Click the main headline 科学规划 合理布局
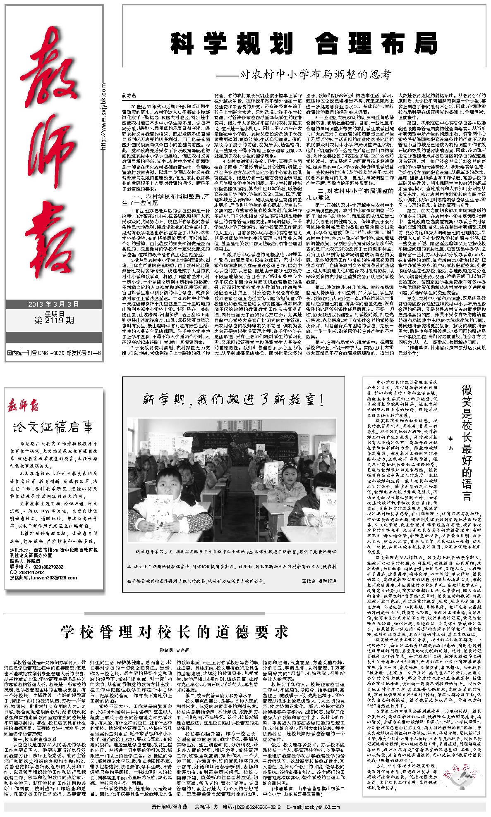[x=304, y=44]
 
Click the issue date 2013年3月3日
[x=54, y=304]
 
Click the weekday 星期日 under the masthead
[x=54, y=312]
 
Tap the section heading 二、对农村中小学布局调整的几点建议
[x=355, y=194]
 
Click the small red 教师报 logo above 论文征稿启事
[x=24, y=406]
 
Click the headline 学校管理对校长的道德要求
[x=174, y=631]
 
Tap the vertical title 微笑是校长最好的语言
[x=467, y=442]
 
